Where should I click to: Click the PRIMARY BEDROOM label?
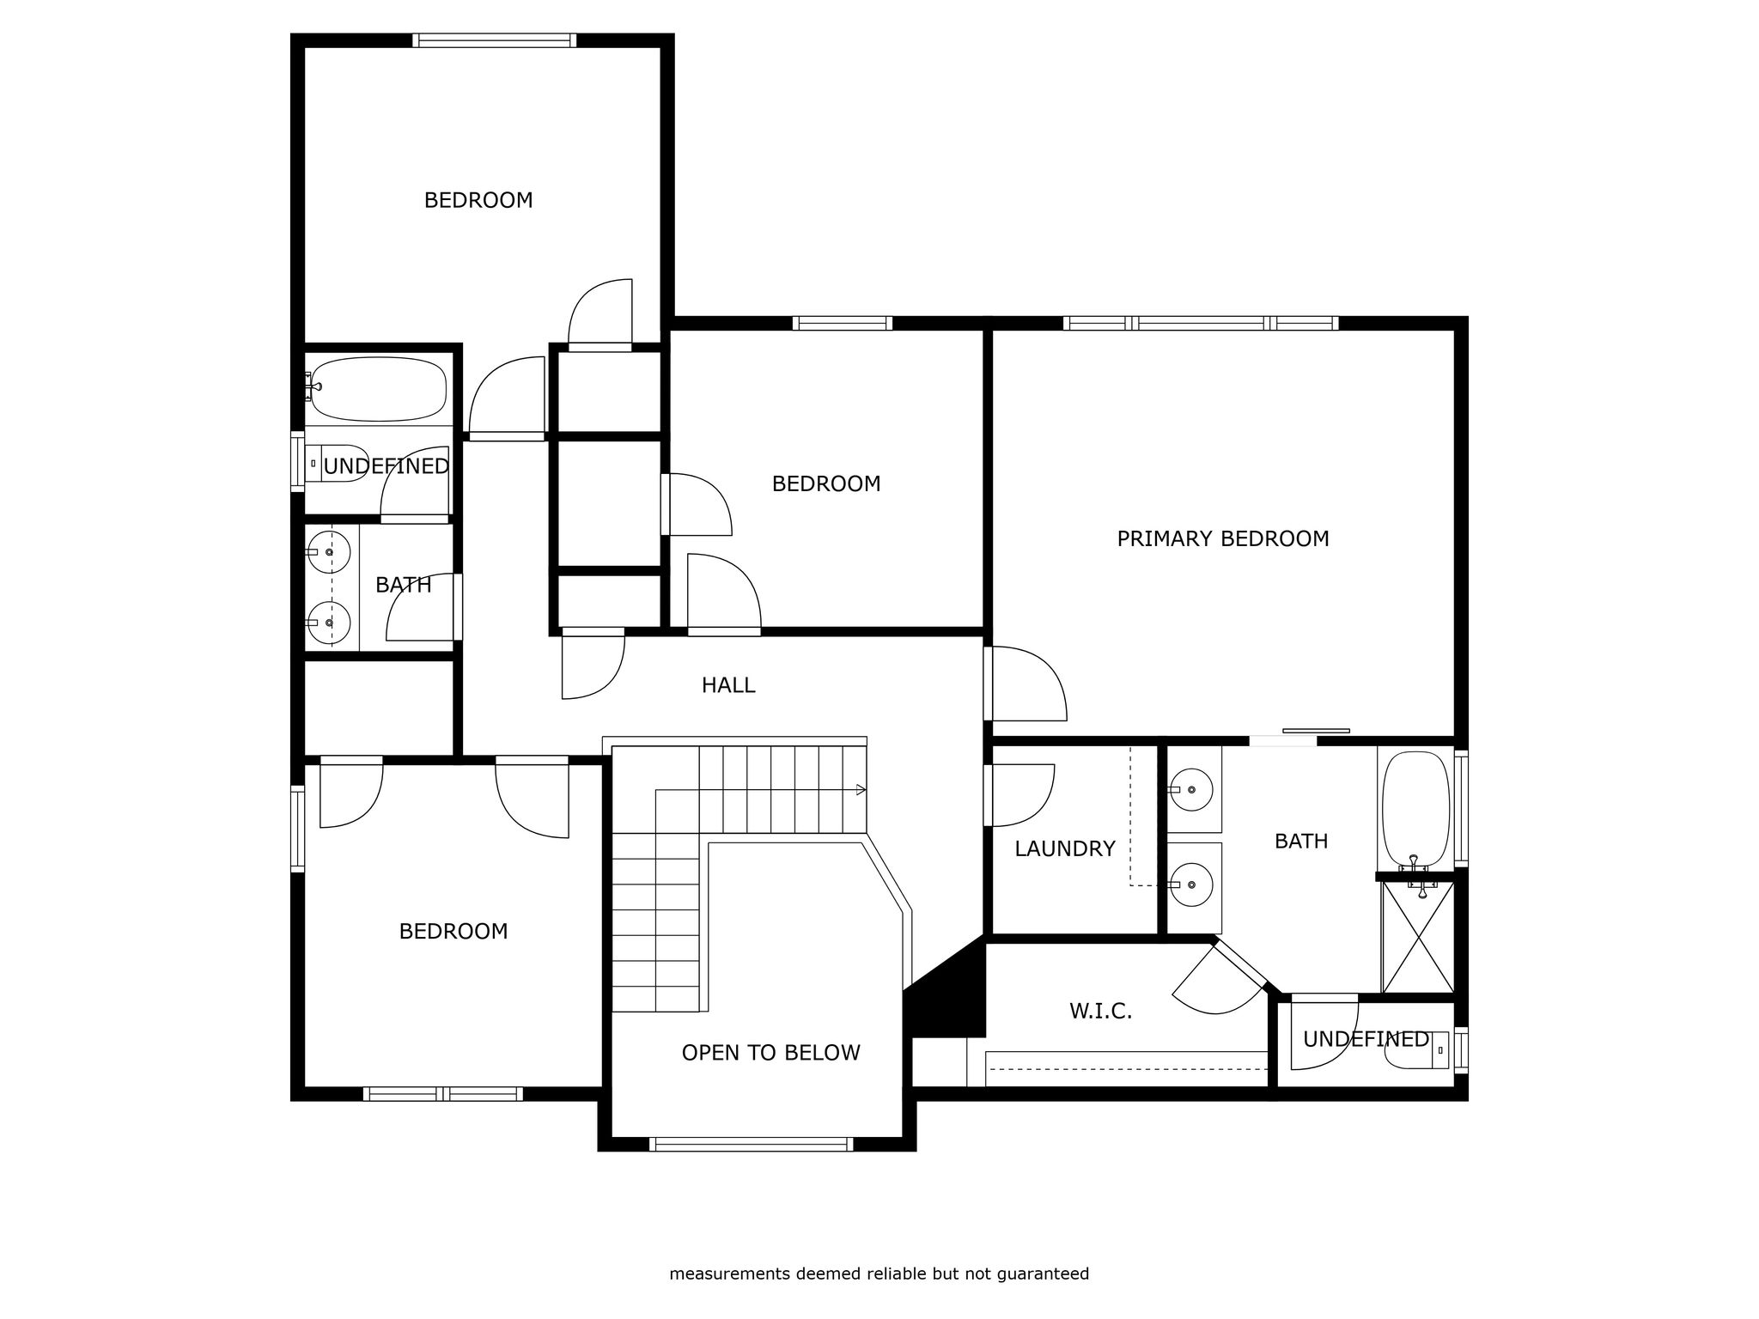coord(1222,539)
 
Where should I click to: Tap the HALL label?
coord(728,685)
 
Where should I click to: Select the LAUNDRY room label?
coord(1065,849)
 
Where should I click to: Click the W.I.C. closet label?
coord(1100,1012)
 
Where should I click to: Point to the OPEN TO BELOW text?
coord(770,1053)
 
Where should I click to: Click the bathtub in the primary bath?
coord(1415,809)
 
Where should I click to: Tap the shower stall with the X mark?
coord(1418,938)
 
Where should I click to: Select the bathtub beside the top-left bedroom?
coord(379,389)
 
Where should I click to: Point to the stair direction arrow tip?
coord(865,790)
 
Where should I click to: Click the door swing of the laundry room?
coord(1023,795)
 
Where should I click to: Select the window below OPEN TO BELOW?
coord(752,1144)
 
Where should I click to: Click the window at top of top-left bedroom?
coord(494,40)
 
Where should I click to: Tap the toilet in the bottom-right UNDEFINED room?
coord(1418,1050)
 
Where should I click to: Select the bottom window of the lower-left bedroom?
coord(442,1094)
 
